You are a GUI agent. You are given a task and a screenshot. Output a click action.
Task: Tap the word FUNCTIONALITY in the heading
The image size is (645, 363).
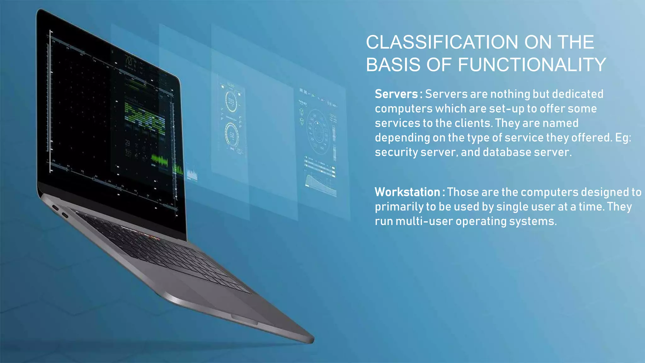click(532, 65)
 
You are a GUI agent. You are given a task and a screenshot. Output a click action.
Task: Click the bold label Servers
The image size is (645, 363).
click(396, 94)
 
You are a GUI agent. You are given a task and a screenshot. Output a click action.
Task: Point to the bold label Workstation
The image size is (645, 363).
click(407, 192)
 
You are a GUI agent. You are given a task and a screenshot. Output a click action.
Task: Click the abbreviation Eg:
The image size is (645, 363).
click(623, 138)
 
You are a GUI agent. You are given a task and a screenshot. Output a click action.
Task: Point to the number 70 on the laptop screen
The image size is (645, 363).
click(129, 60)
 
